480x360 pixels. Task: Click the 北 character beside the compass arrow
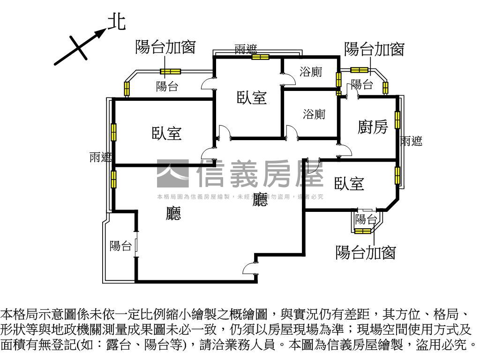(x=117, y=22)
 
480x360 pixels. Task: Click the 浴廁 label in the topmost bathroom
(x=311, y=72)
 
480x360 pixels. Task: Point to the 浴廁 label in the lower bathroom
(x=314, y=114)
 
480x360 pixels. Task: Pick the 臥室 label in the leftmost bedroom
(x=166, y=134)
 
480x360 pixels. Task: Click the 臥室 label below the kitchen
(x=349, y=184)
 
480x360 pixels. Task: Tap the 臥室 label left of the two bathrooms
(x=252, y=97)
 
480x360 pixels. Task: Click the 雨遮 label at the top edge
(x=246, y=49)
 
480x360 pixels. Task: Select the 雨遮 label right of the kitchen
(x=412, y=141)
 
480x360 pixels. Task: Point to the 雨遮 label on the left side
(x=101, y=158)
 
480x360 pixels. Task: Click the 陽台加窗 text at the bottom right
(x=366, y=252)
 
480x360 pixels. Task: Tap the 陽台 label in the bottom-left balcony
(x=120, y=246)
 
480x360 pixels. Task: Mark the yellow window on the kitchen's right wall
(x=398, y=120)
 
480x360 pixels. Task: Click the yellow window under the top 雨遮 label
(x=260, y=57)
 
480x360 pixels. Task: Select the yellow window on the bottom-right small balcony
(x=363, y=231)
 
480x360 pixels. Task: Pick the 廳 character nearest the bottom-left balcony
(x=174, y=214)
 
